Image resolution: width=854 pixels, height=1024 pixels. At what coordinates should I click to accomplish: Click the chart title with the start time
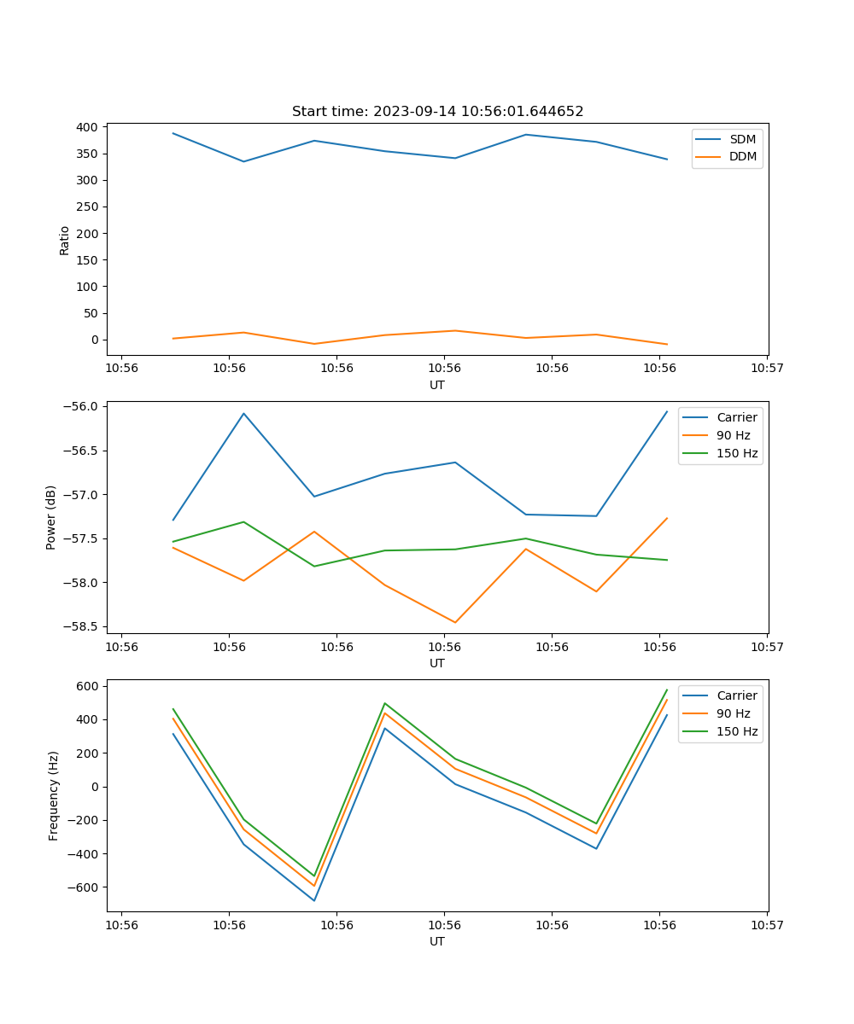(x=437, y=112)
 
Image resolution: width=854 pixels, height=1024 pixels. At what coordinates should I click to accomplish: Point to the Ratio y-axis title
(x=65, y=241)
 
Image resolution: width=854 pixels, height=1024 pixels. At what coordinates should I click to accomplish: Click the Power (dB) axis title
(x=51, y=517)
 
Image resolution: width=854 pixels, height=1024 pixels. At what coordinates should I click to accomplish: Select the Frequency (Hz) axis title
(x=54, y=795)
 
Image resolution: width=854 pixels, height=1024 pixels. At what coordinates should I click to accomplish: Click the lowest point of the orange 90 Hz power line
(x=455, y=622)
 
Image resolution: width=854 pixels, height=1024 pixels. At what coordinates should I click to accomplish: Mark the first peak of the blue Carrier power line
(x=243, y=414)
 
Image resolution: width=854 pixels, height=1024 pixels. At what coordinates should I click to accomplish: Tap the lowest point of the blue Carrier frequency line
(x=314, y=900)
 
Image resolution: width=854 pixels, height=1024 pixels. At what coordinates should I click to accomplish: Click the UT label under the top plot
(x=437, y=385)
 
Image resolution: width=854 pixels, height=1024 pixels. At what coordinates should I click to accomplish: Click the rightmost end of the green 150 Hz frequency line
(x=667, y=689)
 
